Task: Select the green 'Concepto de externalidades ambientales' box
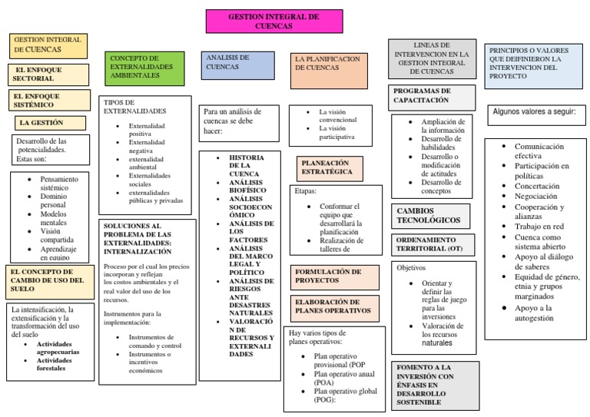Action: (x=144, y=67)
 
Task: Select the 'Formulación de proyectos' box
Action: (x=336, y=276)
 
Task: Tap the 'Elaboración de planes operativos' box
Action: (x=336, y=307)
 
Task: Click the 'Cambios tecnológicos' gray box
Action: (x=430, y=215)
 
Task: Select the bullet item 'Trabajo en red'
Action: (x=539, y=227)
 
